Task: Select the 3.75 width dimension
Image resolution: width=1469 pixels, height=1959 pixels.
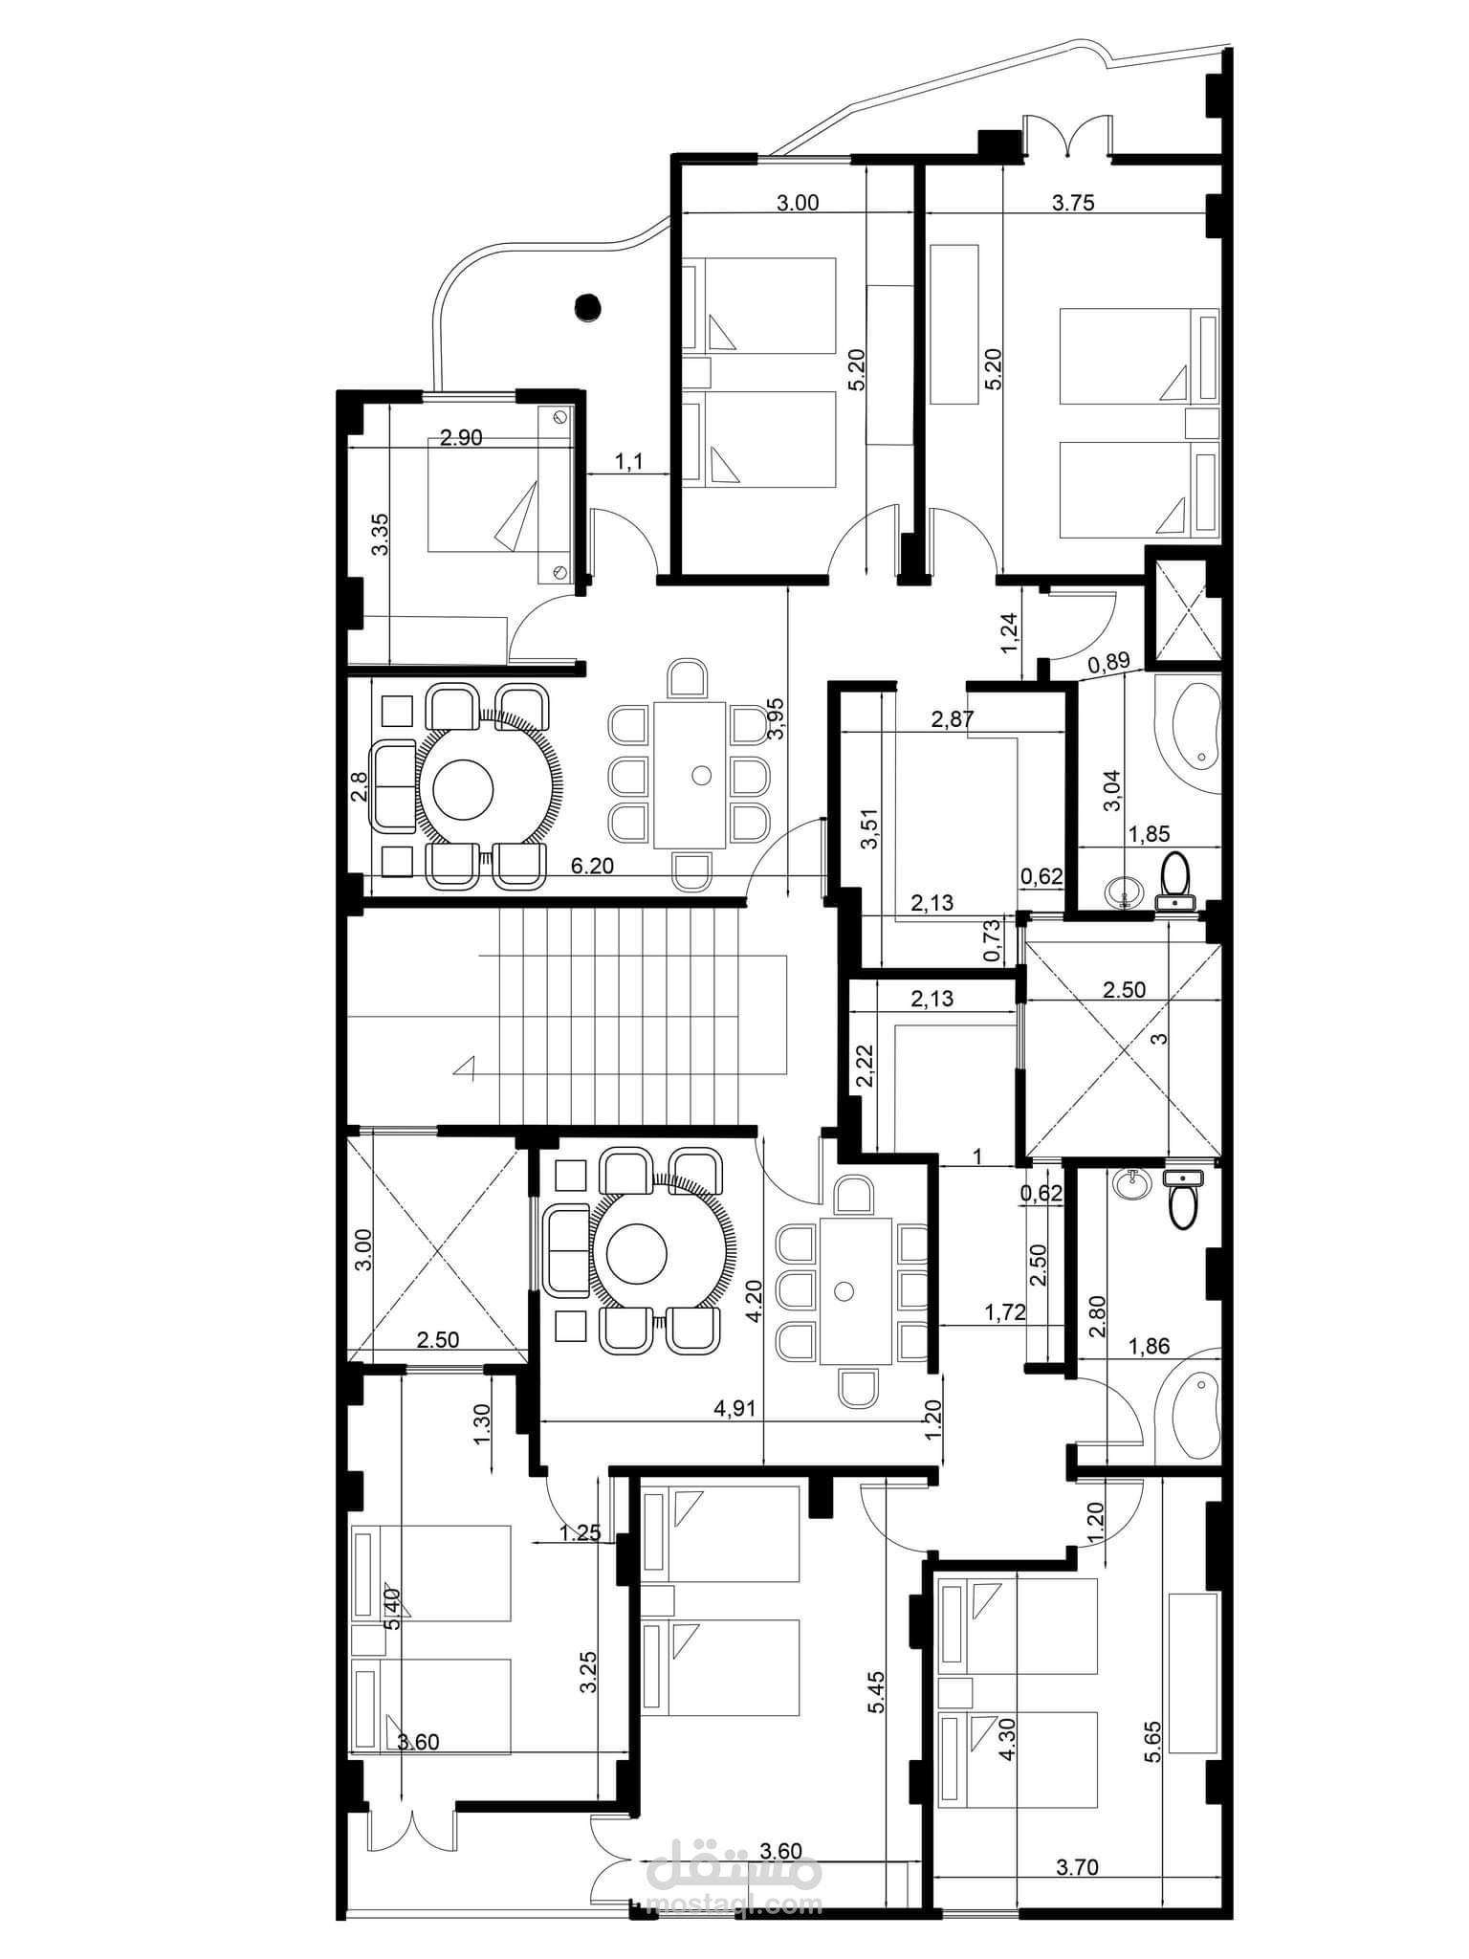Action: point(1072,202)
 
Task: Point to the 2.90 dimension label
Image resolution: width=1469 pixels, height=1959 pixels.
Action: point(460,438)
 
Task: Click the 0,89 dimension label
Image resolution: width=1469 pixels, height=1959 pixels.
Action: point(1109,660)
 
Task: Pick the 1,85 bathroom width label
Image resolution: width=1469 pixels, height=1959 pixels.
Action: point(1151,834)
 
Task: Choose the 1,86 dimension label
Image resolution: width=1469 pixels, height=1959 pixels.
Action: point(1151,1347)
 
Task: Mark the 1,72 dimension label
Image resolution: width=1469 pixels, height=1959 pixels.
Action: point(1006,1312)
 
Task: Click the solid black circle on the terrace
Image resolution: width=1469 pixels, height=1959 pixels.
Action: point(585,307)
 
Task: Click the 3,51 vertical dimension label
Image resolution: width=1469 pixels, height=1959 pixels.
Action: point(867,829)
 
